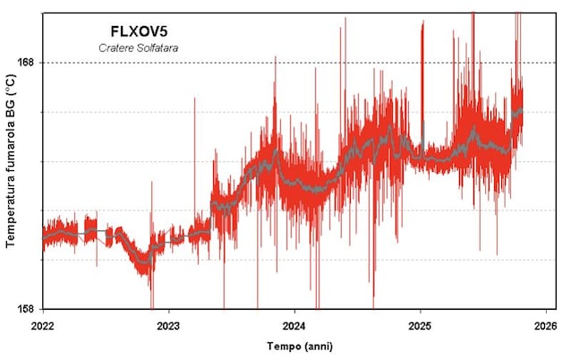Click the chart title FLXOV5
pos(138,30)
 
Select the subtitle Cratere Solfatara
pos(138,47)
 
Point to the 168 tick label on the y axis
pos(28,63)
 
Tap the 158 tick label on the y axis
pos(28,309)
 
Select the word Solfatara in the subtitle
pos(157,47)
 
